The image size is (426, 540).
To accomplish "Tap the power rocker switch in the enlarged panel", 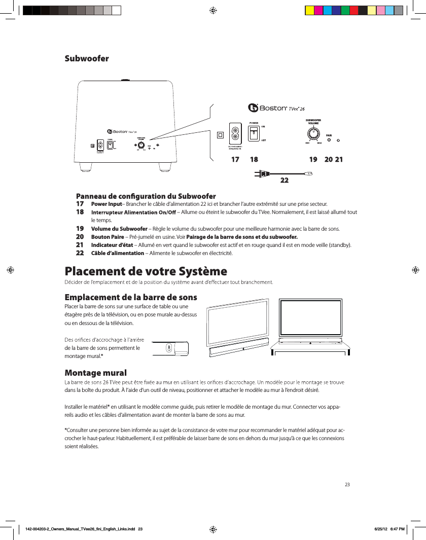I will click(x=254, y=133).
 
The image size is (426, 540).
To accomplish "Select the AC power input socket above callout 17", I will click(x=235, y=134).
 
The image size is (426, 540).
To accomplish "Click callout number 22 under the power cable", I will click(x=285, y=180).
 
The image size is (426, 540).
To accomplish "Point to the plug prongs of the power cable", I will click(x=258, y=174).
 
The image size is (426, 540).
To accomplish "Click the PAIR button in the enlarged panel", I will click(x=329, y=140).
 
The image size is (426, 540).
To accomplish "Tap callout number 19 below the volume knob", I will click(x=313, y=159).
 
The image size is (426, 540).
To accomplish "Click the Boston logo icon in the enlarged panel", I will click(x=253, y=108).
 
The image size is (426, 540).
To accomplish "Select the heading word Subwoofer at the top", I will click(x=87, y=58).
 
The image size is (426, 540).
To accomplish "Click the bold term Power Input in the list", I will click(x=103, y=204).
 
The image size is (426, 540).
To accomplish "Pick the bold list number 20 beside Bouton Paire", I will click(x=80, y=237).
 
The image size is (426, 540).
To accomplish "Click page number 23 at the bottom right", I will click(x=347, y=485).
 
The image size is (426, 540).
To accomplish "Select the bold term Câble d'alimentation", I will click(x=117, y=253).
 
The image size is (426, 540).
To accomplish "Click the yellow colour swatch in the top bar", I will click(x=309, y=10).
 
